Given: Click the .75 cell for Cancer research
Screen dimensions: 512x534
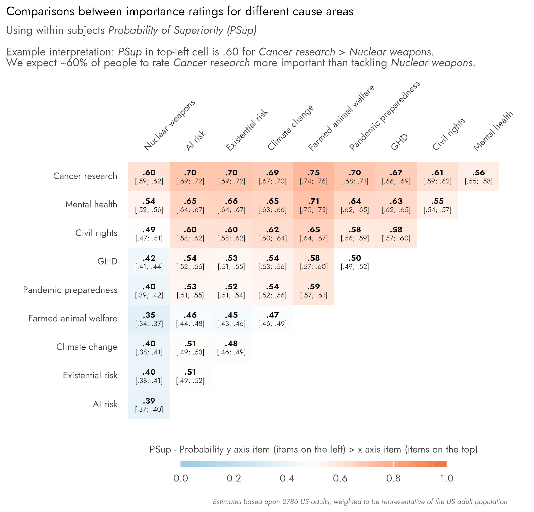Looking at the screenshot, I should pos(313,176).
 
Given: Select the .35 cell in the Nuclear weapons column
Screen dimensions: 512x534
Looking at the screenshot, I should pos(149,319).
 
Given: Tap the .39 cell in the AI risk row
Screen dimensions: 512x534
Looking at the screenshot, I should pos(149,404).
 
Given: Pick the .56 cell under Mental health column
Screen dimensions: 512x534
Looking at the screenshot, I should pos(478,176).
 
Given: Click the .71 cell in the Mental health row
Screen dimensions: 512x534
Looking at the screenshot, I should pos(313,205).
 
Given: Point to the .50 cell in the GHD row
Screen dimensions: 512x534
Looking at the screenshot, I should pos(355,262).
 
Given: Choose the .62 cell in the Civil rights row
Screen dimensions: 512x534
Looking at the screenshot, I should pos(272,233).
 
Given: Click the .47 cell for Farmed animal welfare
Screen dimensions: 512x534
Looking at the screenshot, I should pos(272,319).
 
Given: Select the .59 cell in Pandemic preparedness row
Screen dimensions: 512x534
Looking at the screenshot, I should pos(313,290).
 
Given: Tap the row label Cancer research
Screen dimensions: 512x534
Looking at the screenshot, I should pos(85,176).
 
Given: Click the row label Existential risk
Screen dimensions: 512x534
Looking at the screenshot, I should pos(90,375).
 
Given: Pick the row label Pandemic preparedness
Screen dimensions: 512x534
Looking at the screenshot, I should pos(70,290).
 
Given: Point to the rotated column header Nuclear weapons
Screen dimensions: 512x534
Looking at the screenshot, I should pos(169,125).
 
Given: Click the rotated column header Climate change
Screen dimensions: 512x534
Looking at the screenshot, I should pos(291,127).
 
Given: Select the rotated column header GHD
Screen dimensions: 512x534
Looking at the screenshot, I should pos(399,142).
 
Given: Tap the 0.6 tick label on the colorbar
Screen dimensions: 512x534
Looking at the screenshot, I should pos(340,478).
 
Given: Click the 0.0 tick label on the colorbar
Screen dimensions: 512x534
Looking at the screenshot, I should pos(181,478).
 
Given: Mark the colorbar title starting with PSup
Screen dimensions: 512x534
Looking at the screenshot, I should pos(313,449).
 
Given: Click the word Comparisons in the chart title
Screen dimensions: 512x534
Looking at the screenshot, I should pos(40,12).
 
